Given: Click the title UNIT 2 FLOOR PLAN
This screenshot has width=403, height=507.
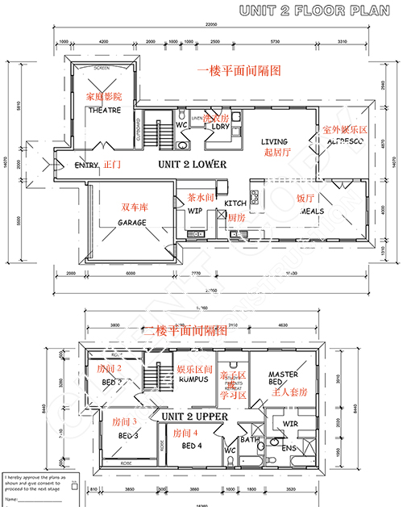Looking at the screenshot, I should pos(318,10).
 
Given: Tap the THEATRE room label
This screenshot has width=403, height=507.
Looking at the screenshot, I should pos(104,110).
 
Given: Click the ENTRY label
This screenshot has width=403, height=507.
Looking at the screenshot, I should pos(86,165).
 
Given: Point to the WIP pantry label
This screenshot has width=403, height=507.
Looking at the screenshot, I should pos(195,211).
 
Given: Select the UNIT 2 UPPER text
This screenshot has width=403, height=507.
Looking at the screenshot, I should pos(194,417).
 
